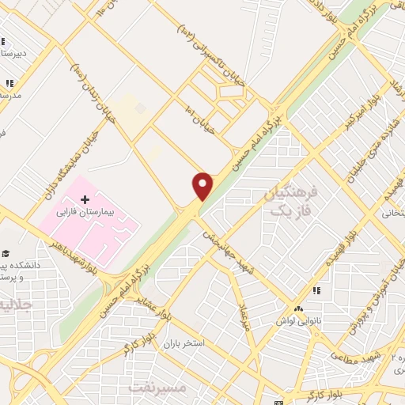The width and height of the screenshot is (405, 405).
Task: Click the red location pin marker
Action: coord(202,186)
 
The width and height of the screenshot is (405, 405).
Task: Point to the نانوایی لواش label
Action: coord(297,320)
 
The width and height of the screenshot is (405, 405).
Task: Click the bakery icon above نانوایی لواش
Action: coord(299,308)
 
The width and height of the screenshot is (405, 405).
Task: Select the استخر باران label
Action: coord(184,344)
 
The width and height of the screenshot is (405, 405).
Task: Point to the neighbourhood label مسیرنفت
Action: coord(157,387)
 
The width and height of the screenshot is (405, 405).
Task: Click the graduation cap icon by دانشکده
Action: coord(6,253)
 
